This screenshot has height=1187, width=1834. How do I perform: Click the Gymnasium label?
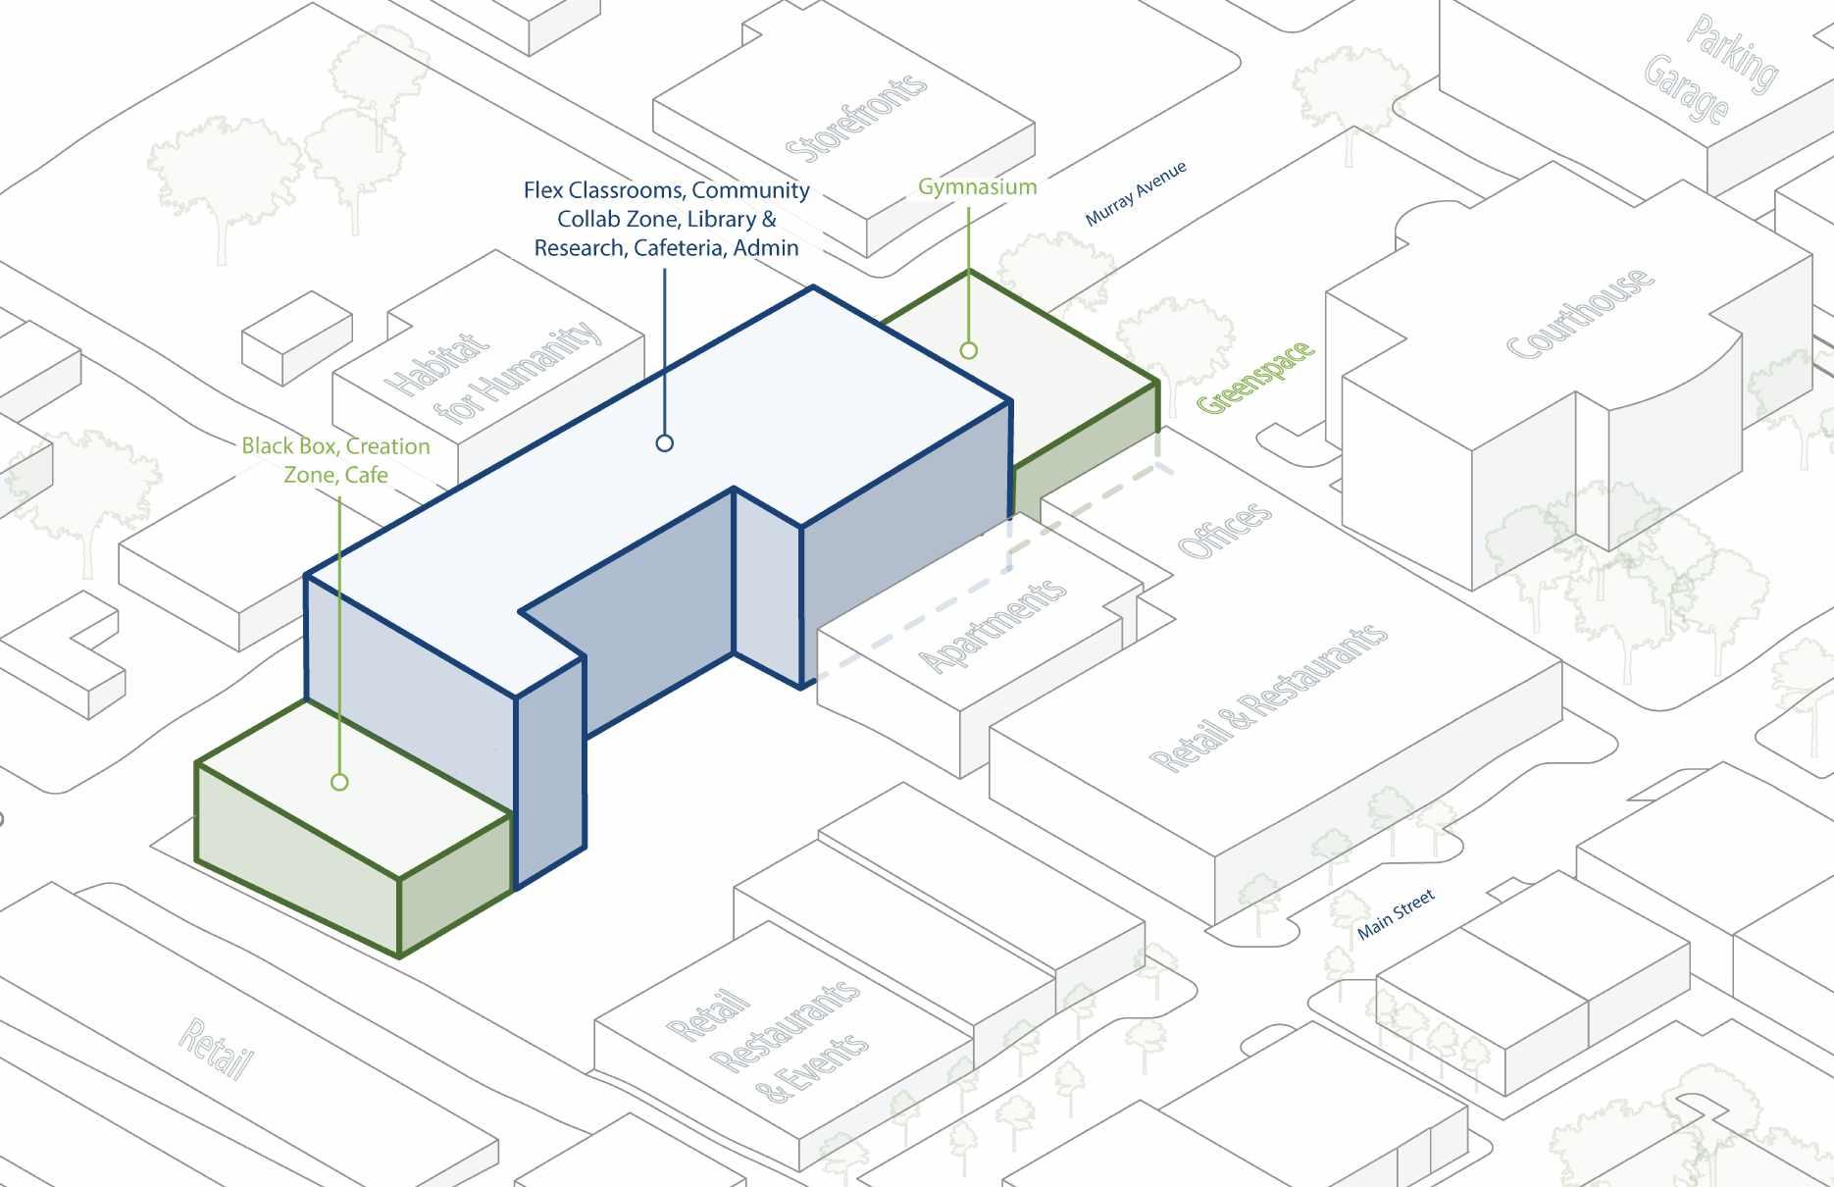click(977, 186)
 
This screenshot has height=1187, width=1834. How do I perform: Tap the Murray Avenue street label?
click(1136, 193)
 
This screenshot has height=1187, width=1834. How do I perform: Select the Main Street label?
click(1396, 914)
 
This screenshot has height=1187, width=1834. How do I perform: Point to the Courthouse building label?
click(1579, 313)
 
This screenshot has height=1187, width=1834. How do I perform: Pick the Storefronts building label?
click(855, 119)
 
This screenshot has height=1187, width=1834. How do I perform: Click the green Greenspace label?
click(1254, 377)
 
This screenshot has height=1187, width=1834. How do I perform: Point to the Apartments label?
click(993, 625)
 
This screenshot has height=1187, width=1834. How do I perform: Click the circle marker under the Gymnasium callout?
click(969, 350)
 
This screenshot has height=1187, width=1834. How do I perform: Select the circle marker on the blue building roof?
click(664, 443)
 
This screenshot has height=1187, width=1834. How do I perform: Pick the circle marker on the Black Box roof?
click(339, 782)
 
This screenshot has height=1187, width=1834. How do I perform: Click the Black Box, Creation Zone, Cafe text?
click(335, 460)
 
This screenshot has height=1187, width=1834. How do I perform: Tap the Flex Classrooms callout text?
click(666, 219)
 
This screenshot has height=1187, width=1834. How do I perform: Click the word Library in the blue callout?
click(721, 219)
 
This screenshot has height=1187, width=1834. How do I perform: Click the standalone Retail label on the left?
click(217, 1049)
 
